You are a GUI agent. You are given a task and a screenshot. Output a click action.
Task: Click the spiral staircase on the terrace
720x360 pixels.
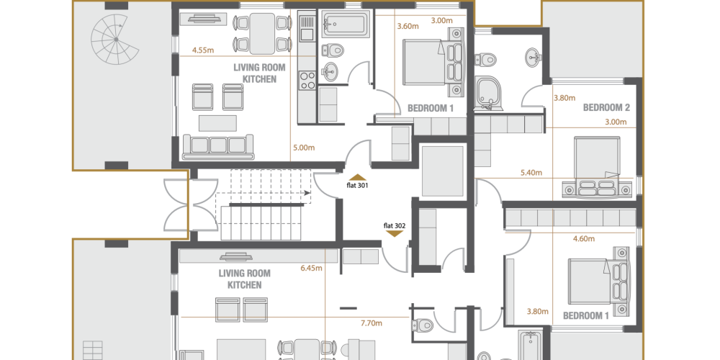[114, 40]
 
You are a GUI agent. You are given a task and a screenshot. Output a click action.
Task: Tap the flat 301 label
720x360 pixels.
[357, 186]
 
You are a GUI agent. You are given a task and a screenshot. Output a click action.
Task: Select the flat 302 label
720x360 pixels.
[395, 225]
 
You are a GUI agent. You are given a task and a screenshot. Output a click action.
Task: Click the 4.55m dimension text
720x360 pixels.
[203, 50]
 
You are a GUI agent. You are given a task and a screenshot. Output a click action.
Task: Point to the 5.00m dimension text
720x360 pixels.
[304, 148]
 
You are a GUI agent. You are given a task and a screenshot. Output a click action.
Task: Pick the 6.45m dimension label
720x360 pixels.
[311, 268]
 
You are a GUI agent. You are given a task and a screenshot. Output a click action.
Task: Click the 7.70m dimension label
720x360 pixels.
[372, 323]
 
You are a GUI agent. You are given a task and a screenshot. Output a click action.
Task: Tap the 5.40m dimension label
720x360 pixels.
[531, 173]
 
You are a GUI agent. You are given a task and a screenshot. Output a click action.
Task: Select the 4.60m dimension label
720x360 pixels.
[584, 239]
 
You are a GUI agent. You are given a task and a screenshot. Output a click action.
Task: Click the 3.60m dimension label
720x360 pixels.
[408, 26]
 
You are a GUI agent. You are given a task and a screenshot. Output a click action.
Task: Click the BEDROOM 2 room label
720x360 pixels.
[606, 107]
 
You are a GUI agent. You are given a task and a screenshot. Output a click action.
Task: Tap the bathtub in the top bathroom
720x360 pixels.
[346, 24]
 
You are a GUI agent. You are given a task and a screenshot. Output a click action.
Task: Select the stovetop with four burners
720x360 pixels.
[307, 79]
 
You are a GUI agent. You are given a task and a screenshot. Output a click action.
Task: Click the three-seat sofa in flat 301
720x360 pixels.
[218, 146]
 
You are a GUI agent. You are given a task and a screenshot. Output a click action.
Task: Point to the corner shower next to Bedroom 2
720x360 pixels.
[488, 93]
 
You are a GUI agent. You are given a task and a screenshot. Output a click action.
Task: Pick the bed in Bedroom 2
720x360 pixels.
[596, 167]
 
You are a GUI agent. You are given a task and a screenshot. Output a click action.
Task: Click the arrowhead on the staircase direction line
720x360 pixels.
[307, 193]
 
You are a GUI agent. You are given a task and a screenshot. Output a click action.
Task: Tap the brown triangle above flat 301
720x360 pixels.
[358, 178]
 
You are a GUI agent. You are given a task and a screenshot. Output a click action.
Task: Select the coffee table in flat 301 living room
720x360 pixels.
[217, 123]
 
